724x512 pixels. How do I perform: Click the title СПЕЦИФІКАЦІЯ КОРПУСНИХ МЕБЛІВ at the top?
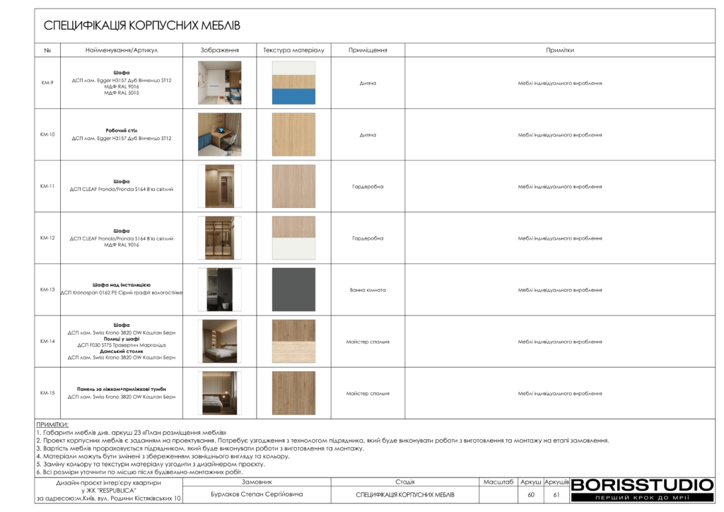click(142, 26)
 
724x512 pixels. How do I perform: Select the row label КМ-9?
click(47, 83)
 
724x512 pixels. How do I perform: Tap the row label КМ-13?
click(47, 289)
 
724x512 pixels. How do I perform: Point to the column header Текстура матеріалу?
click(293, 50)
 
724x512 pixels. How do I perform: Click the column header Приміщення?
click(368, 50)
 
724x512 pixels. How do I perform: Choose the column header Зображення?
click(219, 50)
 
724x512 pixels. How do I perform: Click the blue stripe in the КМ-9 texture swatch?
click(293, 96)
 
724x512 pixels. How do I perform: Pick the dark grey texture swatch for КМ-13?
click(293, 289)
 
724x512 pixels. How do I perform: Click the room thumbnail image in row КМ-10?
click(219, 134)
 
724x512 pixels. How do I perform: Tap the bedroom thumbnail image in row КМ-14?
click(219, 341)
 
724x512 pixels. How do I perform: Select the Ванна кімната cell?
click(368, 290)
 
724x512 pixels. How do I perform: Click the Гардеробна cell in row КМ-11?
click(368, 187)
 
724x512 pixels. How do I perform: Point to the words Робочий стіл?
click(122, 131)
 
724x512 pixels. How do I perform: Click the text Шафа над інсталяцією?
click(122, 284)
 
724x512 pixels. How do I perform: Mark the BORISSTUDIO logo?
click(642, 485)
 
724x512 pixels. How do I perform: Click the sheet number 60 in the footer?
click(531, 494)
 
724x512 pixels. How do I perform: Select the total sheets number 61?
click(556, 494)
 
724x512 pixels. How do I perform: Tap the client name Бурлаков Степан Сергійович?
click(257, 494)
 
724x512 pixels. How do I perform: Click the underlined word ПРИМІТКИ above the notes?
click(52, 424)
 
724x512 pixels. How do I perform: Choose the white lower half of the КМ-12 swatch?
click(293, 249)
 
